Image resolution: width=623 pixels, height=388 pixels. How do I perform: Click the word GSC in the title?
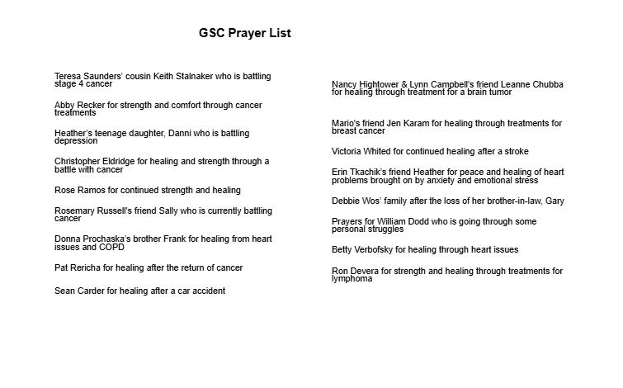[213, 34]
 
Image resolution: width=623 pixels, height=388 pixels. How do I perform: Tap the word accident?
[207, 291]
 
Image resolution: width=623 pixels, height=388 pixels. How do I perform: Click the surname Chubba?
[546, 85]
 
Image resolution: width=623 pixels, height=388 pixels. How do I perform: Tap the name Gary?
[555, 201]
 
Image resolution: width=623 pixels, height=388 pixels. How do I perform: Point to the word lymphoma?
[352, 279]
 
